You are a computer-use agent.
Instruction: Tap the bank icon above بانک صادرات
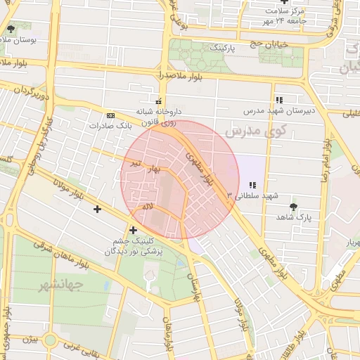pos(110,115)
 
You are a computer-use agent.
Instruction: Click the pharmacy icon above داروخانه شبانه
pos(158,101)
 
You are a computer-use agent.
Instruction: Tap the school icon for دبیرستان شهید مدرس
pos(279,100)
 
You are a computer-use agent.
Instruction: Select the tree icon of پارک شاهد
pos(293,207)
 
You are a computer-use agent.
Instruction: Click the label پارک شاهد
pos(293,218)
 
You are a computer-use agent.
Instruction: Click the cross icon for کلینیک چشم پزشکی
pos(133,229)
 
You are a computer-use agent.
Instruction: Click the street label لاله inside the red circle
pos(148,206)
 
